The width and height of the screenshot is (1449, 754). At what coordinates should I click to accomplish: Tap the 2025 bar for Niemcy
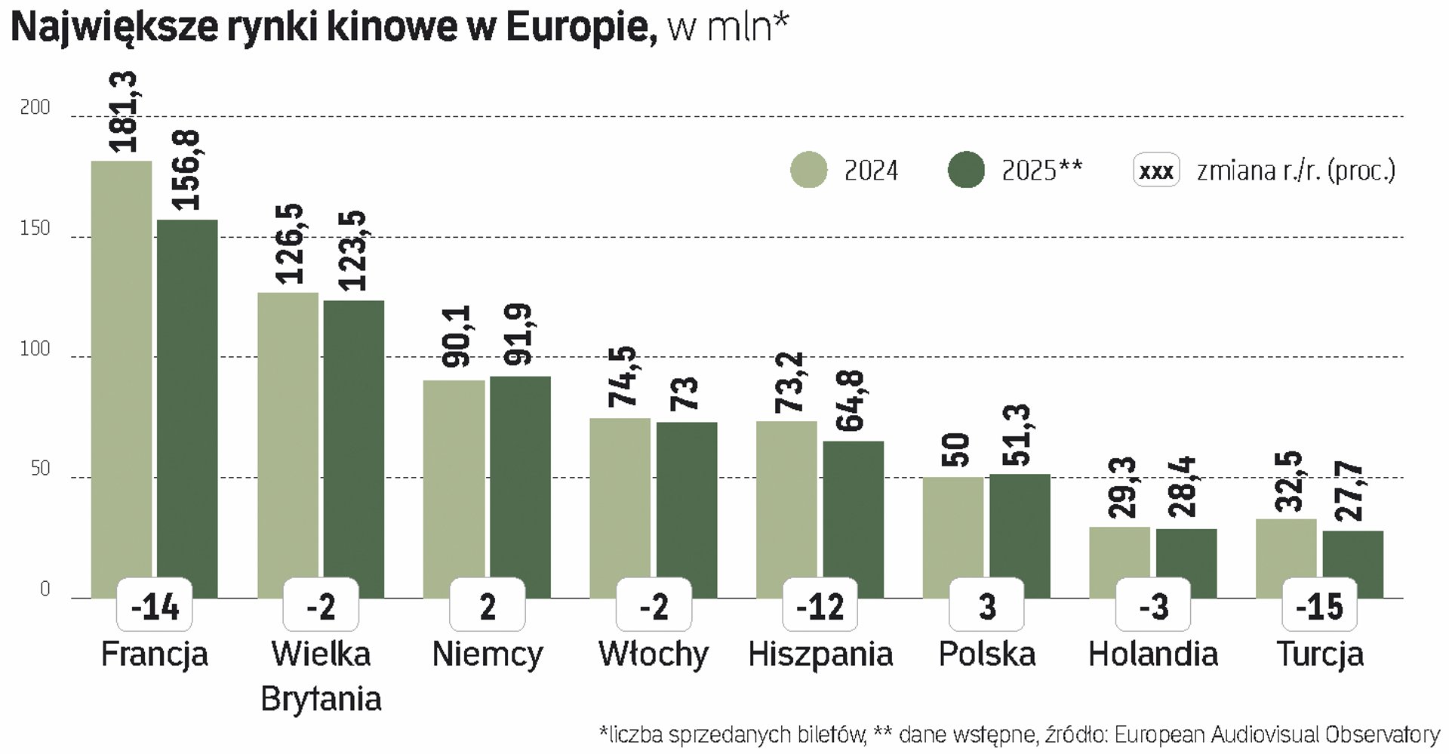(x=520, y=483)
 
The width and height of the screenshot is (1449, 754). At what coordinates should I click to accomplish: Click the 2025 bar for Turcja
(x=1352, y=559)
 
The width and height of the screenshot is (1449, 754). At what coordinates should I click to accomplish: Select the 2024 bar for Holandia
(x=1119, y=559)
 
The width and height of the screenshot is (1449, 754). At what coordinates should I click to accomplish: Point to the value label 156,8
(x=186, y=171)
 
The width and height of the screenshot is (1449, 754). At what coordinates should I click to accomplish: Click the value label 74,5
(x=624, y=377)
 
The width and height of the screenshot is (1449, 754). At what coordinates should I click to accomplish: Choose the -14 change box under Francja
(x=155, y=606)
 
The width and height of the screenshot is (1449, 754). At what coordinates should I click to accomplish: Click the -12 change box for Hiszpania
(x=820, y=606)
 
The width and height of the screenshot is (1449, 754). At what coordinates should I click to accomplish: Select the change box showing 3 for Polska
(x=987, y=606)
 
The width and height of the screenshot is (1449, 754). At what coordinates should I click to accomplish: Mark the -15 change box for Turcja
(x=1319, y=606)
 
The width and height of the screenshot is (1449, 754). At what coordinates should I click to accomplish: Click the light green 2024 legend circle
(x=808, y=170)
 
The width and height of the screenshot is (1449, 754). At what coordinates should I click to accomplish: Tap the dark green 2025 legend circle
(x=966, y=170)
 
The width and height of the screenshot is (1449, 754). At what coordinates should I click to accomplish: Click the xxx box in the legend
(x=1155, y=171)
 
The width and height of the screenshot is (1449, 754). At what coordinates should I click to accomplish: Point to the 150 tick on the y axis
(x=35, y=229)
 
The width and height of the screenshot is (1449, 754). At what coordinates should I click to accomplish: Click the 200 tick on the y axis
(x=35, y=108)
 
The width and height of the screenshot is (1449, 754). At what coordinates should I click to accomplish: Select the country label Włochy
(x=654, y=654)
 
